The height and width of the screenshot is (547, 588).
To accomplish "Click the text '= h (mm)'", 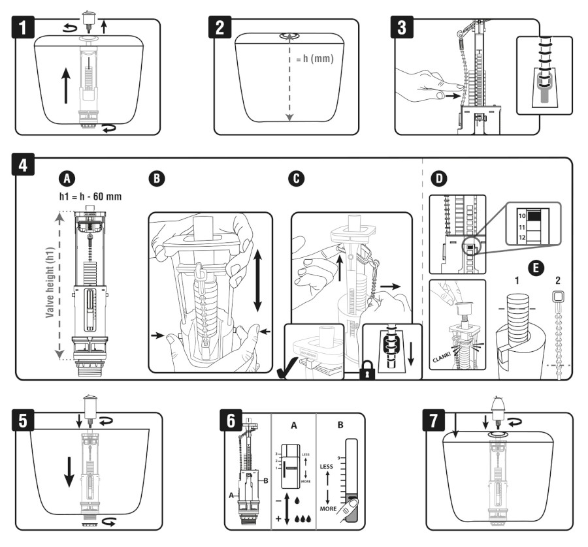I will coord(312,59).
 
